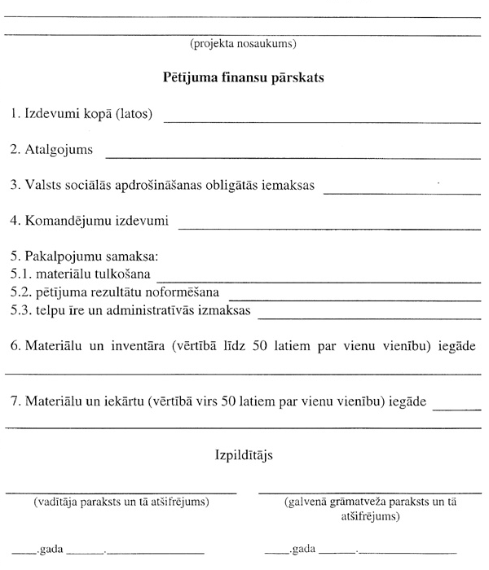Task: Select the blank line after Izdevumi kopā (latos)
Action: (322, 121)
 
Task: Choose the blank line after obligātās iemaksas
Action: (401, 192)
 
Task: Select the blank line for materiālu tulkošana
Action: (319, 280)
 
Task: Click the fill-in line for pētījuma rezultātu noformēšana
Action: (355, 296)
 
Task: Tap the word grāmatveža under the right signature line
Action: (352, 503)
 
